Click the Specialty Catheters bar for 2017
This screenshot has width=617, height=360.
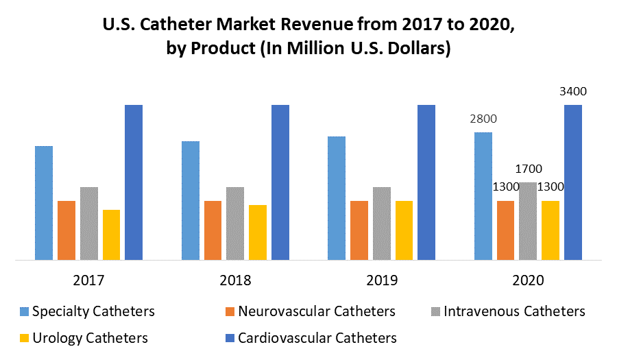pyautogui.click(x=44, y=203)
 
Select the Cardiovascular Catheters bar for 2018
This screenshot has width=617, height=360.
pyautogui.click(x=280, y=182)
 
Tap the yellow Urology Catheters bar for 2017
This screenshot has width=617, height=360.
pyautogui.click(x=111, y=235)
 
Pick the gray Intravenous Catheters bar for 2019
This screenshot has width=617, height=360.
pyautogui.click(x=382, y=224)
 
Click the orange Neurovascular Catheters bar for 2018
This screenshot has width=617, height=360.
pyautogui.click(x=213, y=230)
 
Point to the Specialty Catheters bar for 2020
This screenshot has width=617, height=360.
pyautogui.click(x=483, y=196)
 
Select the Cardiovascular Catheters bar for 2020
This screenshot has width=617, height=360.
pyautogui.click(x=573, y=182)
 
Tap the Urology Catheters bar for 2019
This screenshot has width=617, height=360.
pyautogui.click(x=404, y=230)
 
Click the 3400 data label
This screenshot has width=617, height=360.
pyautogui.click(x=573, y=91)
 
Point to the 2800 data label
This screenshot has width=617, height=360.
pyautogui.click(x=483, y=119)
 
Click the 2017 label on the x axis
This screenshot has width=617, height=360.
pyautogui.click(x=88, y=280)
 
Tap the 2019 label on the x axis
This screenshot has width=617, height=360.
pyautogui.click(x=381, y=280)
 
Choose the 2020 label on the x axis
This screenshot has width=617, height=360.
pyautogui.click(x=528, y=280)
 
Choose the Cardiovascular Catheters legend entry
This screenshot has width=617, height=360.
pyautogui.click(x=316, y=337)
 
